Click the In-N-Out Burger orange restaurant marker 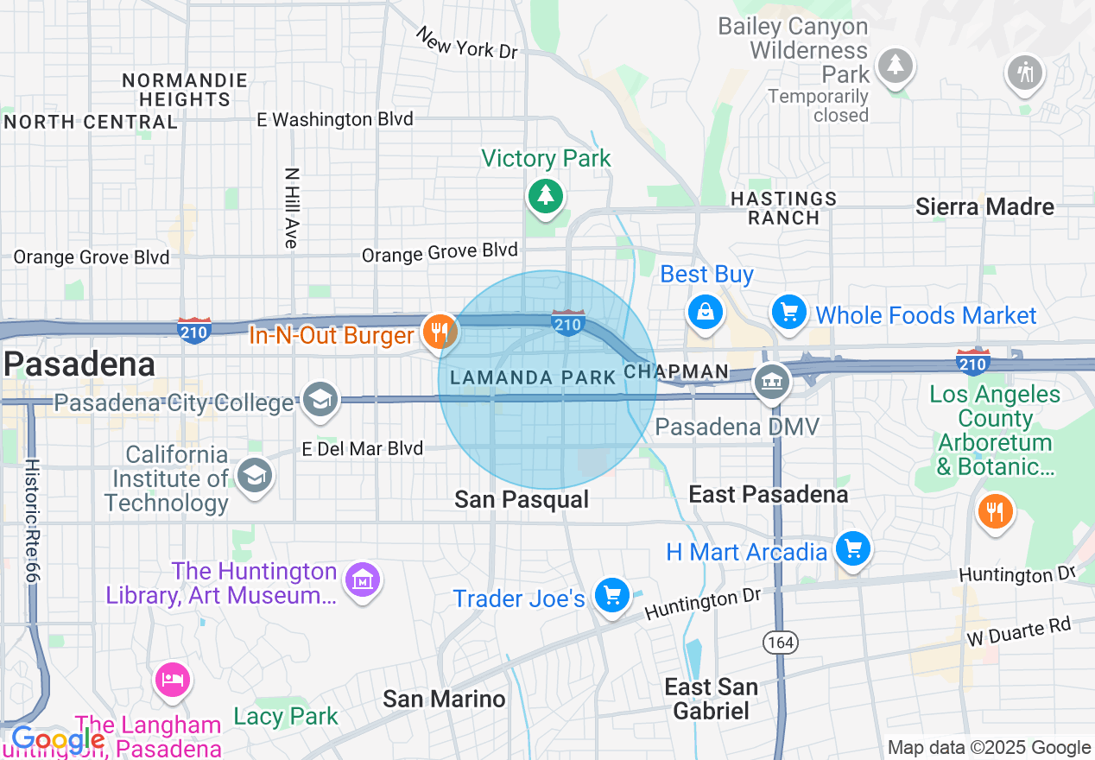(440, 331)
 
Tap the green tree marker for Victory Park (545, 196)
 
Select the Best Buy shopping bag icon (706, 312)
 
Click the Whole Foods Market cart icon (788, 312)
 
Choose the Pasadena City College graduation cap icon (321, 399)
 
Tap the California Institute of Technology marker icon (255, 475)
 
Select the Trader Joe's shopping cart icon (612, 595)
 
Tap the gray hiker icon (1025, 73)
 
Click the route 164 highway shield (780, 643)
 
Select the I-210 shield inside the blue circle (567, 322)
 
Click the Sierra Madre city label (984, 207)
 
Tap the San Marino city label (444, 698)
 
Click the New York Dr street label (466, 43)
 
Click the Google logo (57, 740)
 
